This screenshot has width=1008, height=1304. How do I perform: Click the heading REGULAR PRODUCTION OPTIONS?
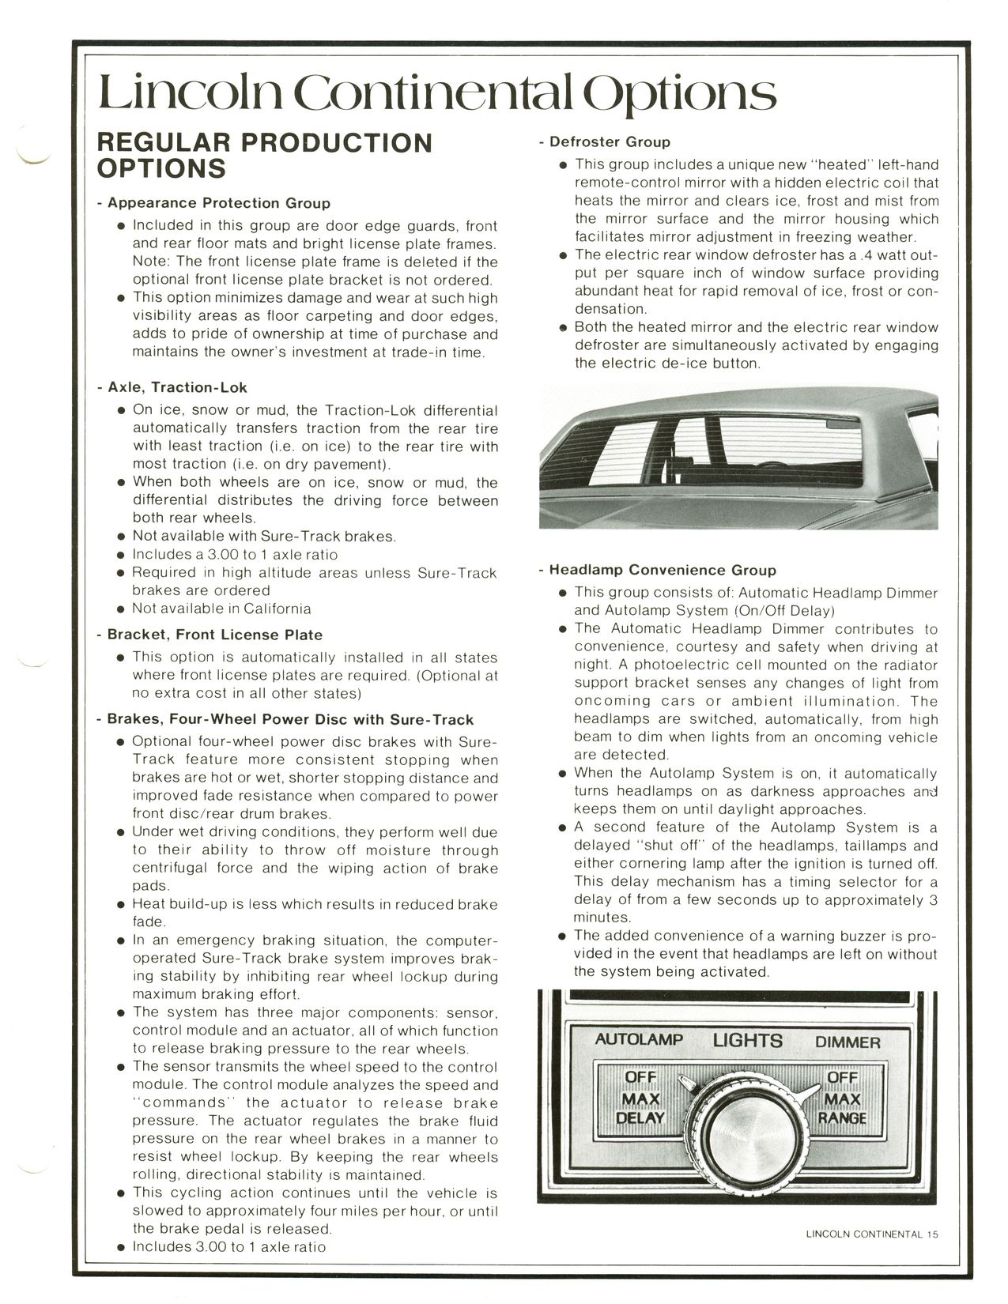coord(263,155)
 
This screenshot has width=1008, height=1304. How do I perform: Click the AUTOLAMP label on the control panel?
coord(639,1039)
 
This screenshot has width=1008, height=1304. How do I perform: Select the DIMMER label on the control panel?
coord(848,1042)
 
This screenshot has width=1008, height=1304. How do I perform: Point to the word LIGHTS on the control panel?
coord(747,1040)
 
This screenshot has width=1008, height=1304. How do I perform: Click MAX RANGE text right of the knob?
coord(842,1109)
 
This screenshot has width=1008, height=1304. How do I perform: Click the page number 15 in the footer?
coord(933,1234)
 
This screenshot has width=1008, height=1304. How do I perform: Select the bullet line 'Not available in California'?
coord(221,609)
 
